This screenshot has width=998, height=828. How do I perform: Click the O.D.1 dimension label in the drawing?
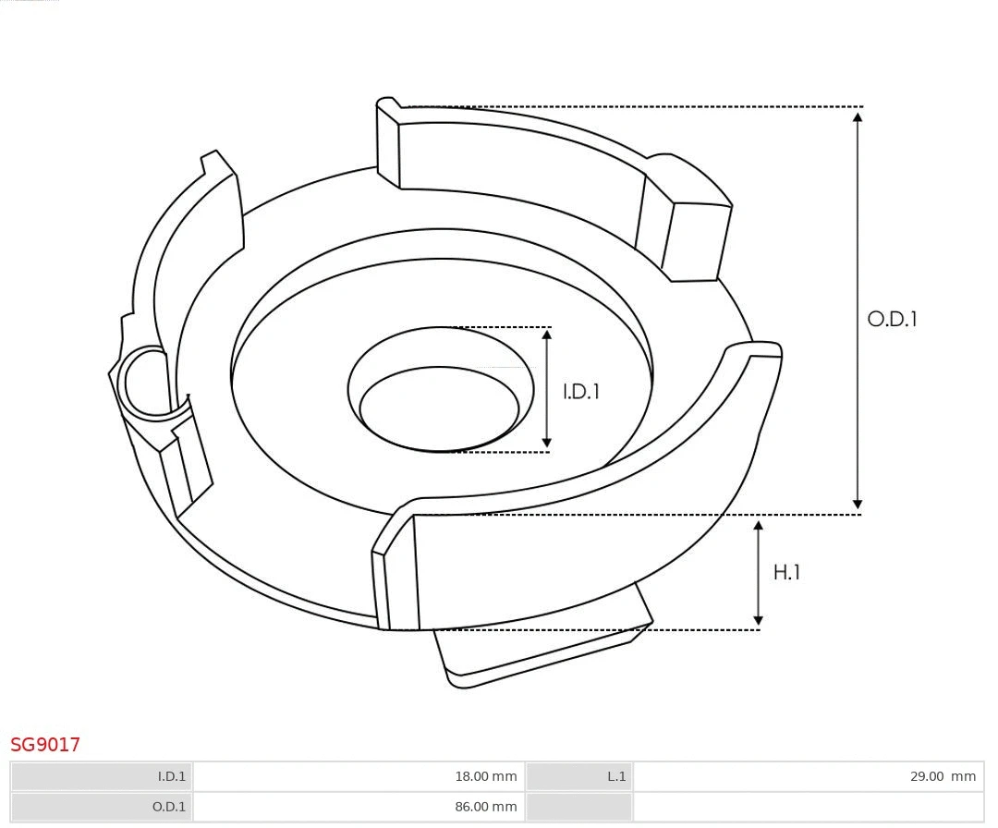(892, 319)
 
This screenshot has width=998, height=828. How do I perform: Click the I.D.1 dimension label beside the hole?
(581, 392)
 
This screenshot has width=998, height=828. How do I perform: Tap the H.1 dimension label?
(786, 573)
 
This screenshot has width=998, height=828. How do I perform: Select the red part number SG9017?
(45, 745)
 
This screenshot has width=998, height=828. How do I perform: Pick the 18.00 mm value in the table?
(485, 776)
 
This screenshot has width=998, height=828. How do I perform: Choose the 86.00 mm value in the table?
(485, 807)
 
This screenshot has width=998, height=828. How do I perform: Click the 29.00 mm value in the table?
(943, 776)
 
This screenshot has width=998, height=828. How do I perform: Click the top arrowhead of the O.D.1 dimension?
(858, 116)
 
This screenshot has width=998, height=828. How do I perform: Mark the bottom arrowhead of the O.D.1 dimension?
(858, 505)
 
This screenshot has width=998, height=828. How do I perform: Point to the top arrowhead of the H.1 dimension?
(759, 526)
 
